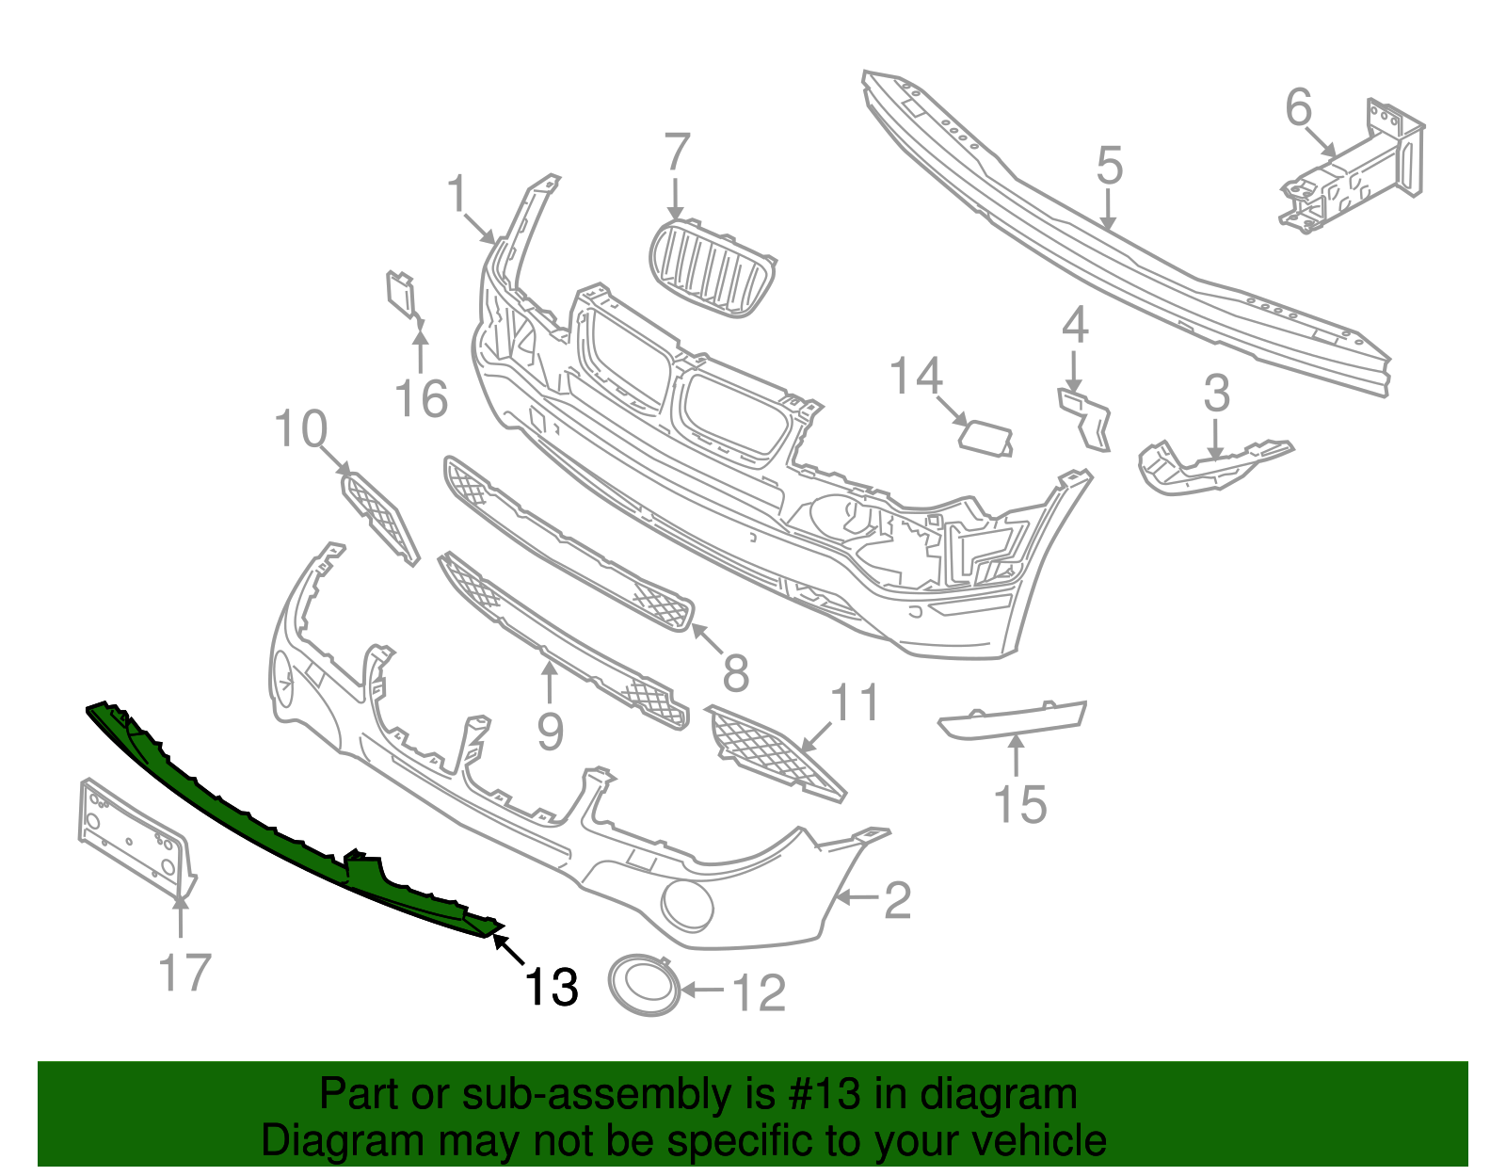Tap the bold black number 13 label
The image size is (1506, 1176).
551,987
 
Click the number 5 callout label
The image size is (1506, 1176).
1110,166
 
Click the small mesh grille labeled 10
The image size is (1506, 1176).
378,517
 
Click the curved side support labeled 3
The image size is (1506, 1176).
1210,465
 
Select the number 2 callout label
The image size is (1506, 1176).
897,901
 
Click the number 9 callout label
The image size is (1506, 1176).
550,731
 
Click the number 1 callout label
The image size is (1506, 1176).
457,195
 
